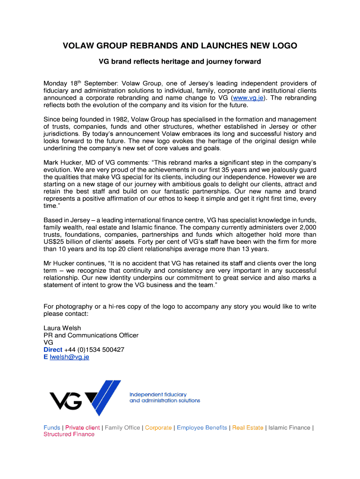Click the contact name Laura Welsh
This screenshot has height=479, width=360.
[x=62, y=328]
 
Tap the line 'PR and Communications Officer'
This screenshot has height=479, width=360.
[x=91, y=335]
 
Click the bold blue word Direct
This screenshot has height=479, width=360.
[x=53, y=349]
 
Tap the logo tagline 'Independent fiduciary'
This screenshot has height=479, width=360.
[x=158, y=394]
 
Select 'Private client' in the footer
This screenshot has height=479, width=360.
[x=82, y=428]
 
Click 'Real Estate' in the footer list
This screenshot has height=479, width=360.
[x=248, y=428]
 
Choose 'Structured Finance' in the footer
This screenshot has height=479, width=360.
[x=69, y=435]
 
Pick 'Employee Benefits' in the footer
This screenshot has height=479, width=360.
[x=202, y=428]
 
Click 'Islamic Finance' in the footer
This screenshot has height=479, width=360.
[x=289, y=428]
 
